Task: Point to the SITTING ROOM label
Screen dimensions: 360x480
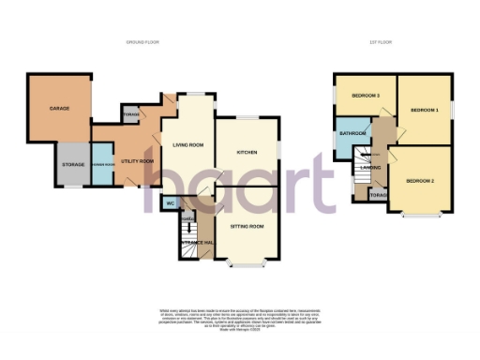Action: click(x=246, y=227)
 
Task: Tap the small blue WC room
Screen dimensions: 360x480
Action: click(x=171, y=202)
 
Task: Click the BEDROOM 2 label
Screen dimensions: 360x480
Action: click(x=419, y=180)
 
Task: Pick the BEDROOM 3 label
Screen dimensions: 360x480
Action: click(x=366, y=96)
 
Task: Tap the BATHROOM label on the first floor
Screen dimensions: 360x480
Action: click(x=352, y=133)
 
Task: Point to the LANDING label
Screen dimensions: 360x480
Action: click(x=369, y=169)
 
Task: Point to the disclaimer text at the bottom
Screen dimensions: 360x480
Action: click(x=241, y=317)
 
